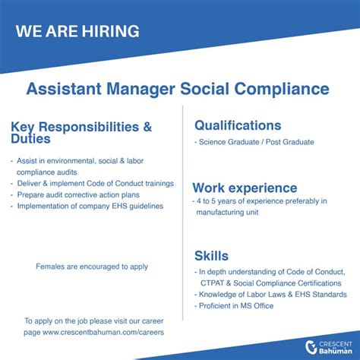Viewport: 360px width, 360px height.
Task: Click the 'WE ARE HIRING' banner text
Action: [x=77, y=31]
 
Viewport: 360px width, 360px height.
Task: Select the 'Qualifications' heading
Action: [x=237, y=125]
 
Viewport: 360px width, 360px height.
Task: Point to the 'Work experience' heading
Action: [x=245, y=188]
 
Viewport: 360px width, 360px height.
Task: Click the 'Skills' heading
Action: [x=211, y=256]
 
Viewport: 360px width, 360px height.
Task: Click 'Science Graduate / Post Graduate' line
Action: [x=254, y=142]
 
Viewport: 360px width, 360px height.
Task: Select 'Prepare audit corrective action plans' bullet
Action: [x=87, y=194]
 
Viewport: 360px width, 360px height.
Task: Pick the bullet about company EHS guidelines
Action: [x=90, y=206]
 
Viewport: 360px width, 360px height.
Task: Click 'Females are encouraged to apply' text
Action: [x=92, y=267]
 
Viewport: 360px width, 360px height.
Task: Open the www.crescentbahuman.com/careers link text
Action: [x=103, y=332]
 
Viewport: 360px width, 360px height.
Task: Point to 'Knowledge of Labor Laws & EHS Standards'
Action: [x=272, y=294]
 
